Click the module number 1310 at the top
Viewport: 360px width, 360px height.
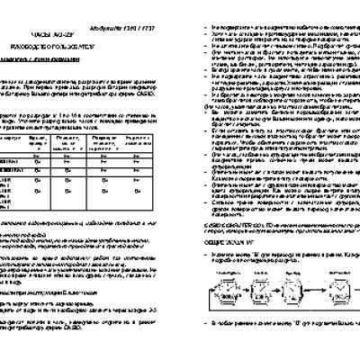pos(232,6)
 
